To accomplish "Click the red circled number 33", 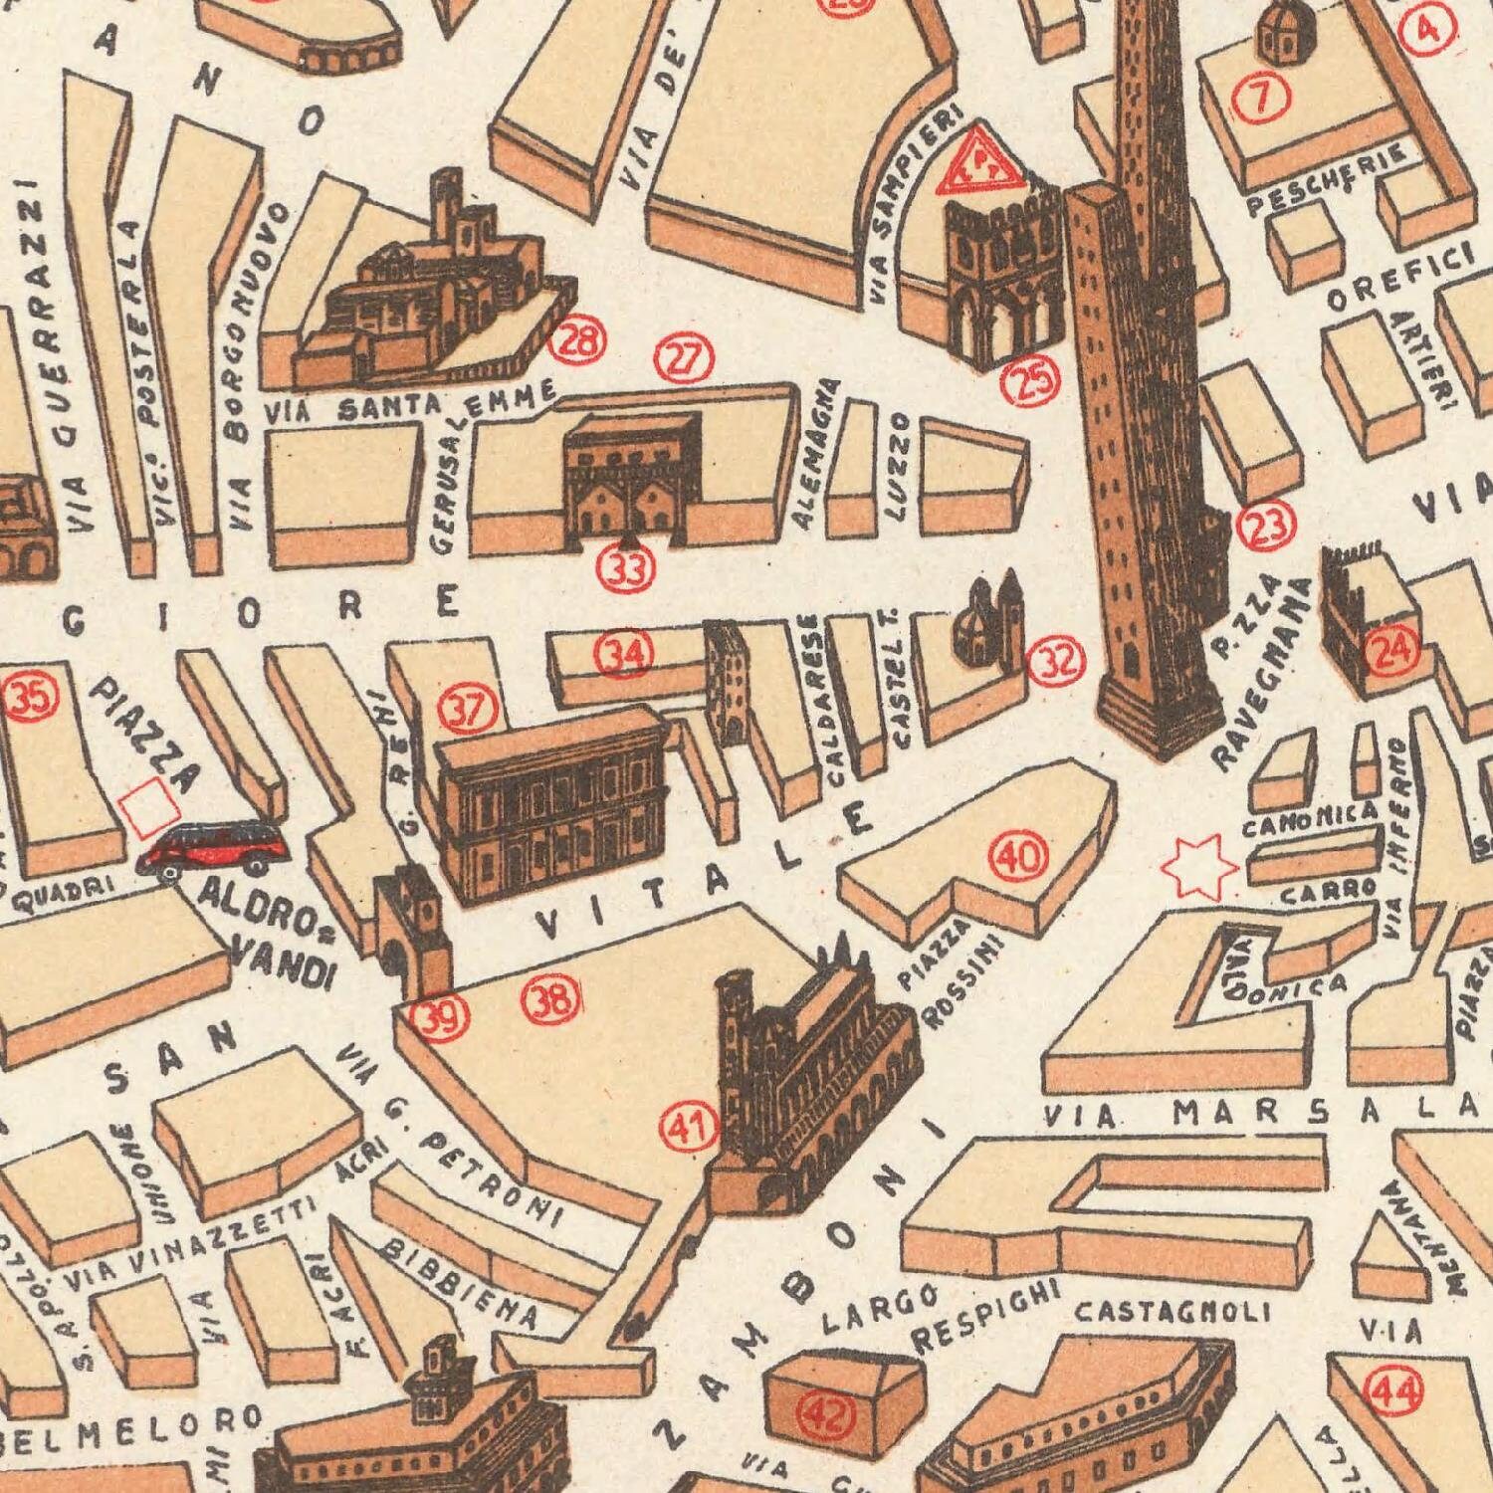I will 626,570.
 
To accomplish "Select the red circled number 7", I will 1261,98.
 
